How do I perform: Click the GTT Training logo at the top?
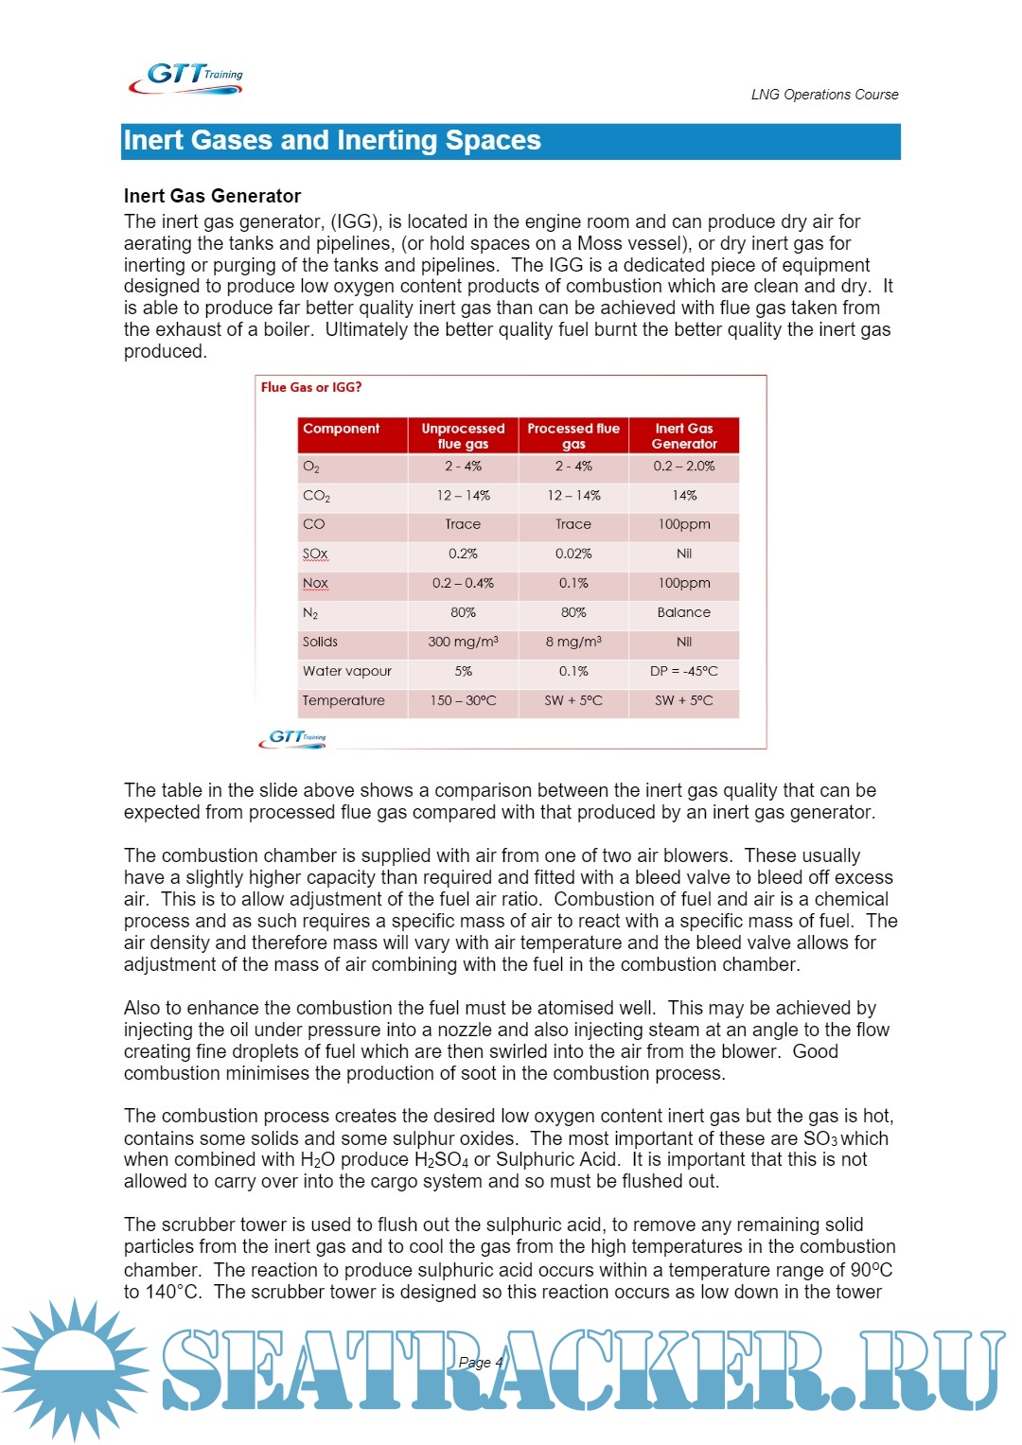(185, 78)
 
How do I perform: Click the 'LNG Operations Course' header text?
(824, 95)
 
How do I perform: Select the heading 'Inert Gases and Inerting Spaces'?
(332, 141)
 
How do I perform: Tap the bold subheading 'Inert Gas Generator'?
(212, 196)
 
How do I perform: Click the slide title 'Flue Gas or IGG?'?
(311, 387)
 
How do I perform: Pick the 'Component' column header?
(341, 429)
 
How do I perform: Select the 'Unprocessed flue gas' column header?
(463, 436)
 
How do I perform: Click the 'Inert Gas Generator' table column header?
(684, 436)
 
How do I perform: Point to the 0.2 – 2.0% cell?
(684, 467)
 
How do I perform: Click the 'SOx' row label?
(315, 554)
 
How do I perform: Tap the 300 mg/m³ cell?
(463, 642)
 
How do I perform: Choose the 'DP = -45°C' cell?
(684, 671)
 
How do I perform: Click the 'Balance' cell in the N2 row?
(684, 612)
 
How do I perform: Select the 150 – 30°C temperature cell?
(463, 700)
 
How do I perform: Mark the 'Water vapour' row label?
(346, 671)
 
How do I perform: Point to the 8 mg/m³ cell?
(573, 642)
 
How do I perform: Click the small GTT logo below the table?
(293, 738)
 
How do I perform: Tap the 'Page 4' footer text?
(481, 1363)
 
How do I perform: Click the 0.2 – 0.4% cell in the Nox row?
(463, 583)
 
